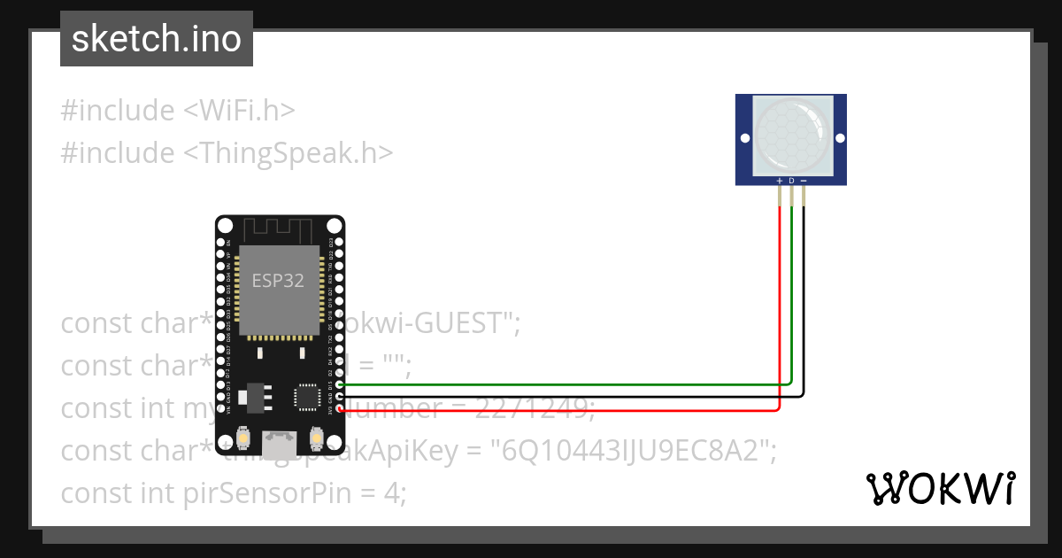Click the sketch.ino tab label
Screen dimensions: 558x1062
click(156, 39)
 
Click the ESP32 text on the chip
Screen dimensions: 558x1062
click(278, 282)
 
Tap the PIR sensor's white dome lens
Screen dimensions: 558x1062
click(791, 136)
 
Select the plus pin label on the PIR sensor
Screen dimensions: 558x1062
click(779, 181)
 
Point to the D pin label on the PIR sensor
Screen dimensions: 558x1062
click(791, 181)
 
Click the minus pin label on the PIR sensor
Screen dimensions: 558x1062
click(804, 181)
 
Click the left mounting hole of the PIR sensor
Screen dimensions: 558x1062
click(745, 138)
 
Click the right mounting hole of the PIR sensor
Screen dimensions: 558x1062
click(838, 138)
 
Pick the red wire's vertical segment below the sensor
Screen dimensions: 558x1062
click(779, 310)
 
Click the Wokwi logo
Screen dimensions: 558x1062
click(940, 488)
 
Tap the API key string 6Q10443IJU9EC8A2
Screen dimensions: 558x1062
click(628, 451)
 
